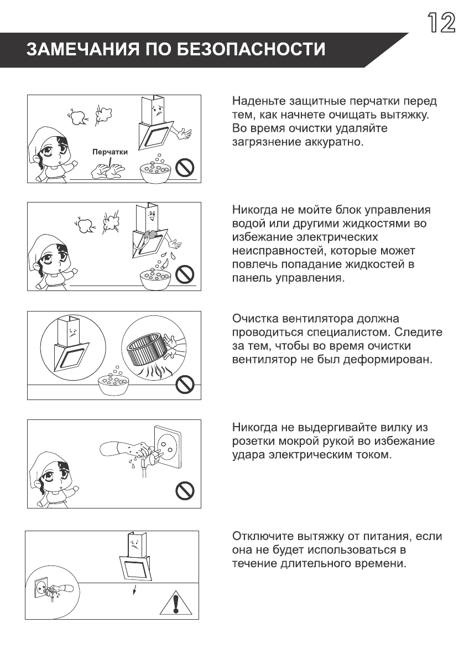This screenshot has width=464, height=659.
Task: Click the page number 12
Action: pos(440,22)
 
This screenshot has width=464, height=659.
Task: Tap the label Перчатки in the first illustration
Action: pos(110,152)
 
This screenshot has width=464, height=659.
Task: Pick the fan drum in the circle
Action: pos(148,351)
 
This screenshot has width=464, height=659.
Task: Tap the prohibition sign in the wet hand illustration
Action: pos(186,489)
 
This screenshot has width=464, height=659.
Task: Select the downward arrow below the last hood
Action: pos(133,589)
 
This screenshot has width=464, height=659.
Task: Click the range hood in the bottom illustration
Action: pos(135,559)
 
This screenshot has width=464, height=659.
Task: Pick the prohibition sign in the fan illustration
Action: pos(186,383)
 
